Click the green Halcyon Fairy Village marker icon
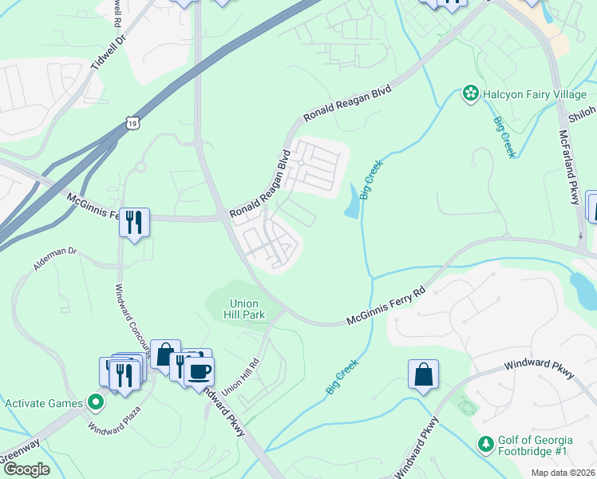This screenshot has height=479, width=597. click(x=471, y=94)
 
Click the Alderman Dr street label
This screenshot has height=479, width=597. click(x=55, y=260)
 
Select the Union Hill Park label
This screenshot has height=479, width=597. click(x=247, y=309)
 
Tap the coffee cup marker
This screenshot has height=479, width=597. click(x=200, y=371)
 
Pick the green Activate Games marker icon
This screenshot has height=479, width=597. click(x=96, y=402)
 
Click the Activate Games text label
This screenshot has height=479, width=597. click(x=44, y=403)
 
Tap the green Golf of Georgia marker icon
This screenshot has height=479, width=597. click(x=484, y=442)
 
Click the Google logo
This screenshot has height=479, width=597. click(x=26, y=470)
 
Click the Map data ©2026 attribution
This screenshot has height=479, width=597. click(x=563, y=473)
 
